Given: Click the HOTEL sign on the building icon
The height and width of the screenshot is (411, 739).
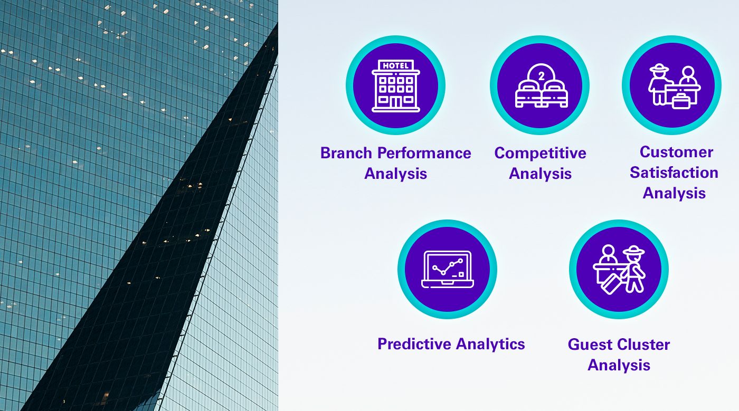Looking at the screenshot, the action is tap(395, 65).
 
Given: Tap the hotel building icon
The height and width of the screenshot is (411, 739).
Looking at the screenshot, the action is tap(395, 86).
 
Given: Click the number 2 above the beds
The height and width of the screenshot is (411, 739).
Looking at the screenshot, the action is tap(542, 76).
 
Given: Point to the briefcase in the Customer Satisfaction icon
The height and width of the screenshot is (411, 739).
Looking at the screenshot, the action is tap(681, 101).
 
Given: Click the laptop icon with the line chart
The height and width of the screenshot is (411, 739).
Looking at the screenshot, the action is tap(448, 269).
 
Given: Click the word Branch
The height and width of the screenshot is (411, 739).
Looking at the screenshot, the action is tap(346, 153).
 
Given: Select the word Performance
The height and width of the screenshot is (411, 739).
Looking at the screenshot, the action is tap(424, 153).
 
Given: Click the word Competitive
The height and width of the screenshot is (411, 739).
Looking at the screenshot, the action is tap(540, 154).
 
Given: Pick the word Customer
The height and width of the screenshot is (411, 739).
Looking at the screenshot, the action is tap(676, 152).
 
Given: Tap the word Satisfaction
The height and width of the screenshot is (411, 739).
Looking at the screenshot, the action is tap(674, 173).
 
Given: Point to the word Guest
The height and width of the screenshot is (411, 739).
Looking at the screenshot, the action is tap(590, 345).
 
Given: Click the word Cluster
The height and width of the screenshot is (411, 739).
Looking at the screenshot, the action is tap(643, 345).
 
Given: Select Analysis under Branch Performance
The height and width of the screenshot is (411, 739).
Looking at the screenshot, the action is tap(395, 174).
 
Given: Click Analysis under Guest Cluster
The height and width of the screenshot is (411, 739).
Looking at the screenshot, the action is tap(619, 366).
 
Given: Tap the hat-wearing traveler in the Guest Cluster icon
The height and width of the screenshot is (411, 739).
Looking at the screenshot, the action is tap(633, 269).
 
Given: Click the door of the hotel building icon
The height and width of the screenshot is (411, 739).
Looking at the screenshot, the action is tap(395, 102).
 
